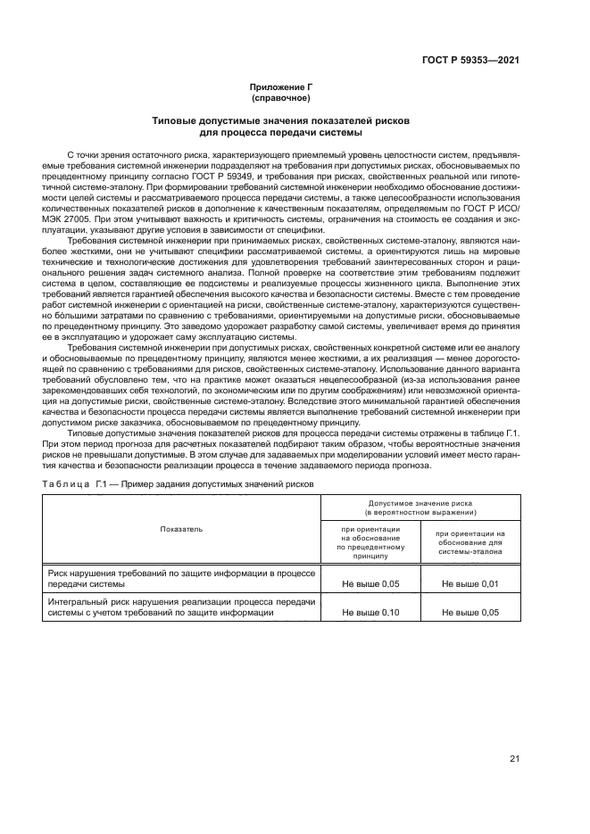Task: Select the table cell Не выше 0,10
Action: click(370, 613)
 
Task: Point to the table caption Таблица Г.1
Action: click(71, 483)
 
